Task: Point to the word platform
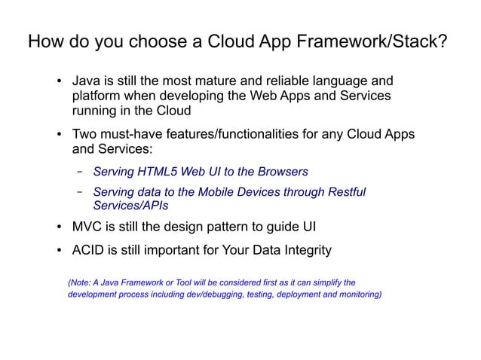[97, 96]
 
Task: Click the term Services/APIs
[130, 205]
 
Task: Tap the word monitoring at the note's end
[357, 295]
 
